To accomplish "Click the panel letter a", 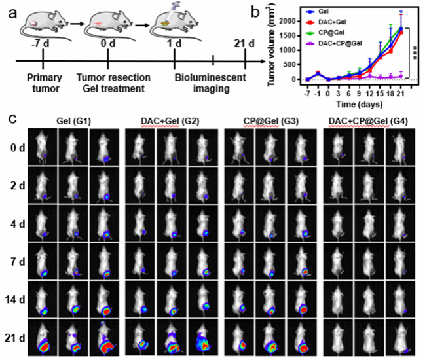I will pos(12,12).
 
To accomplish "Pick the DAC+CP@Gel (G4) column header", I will pos(367,120).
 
